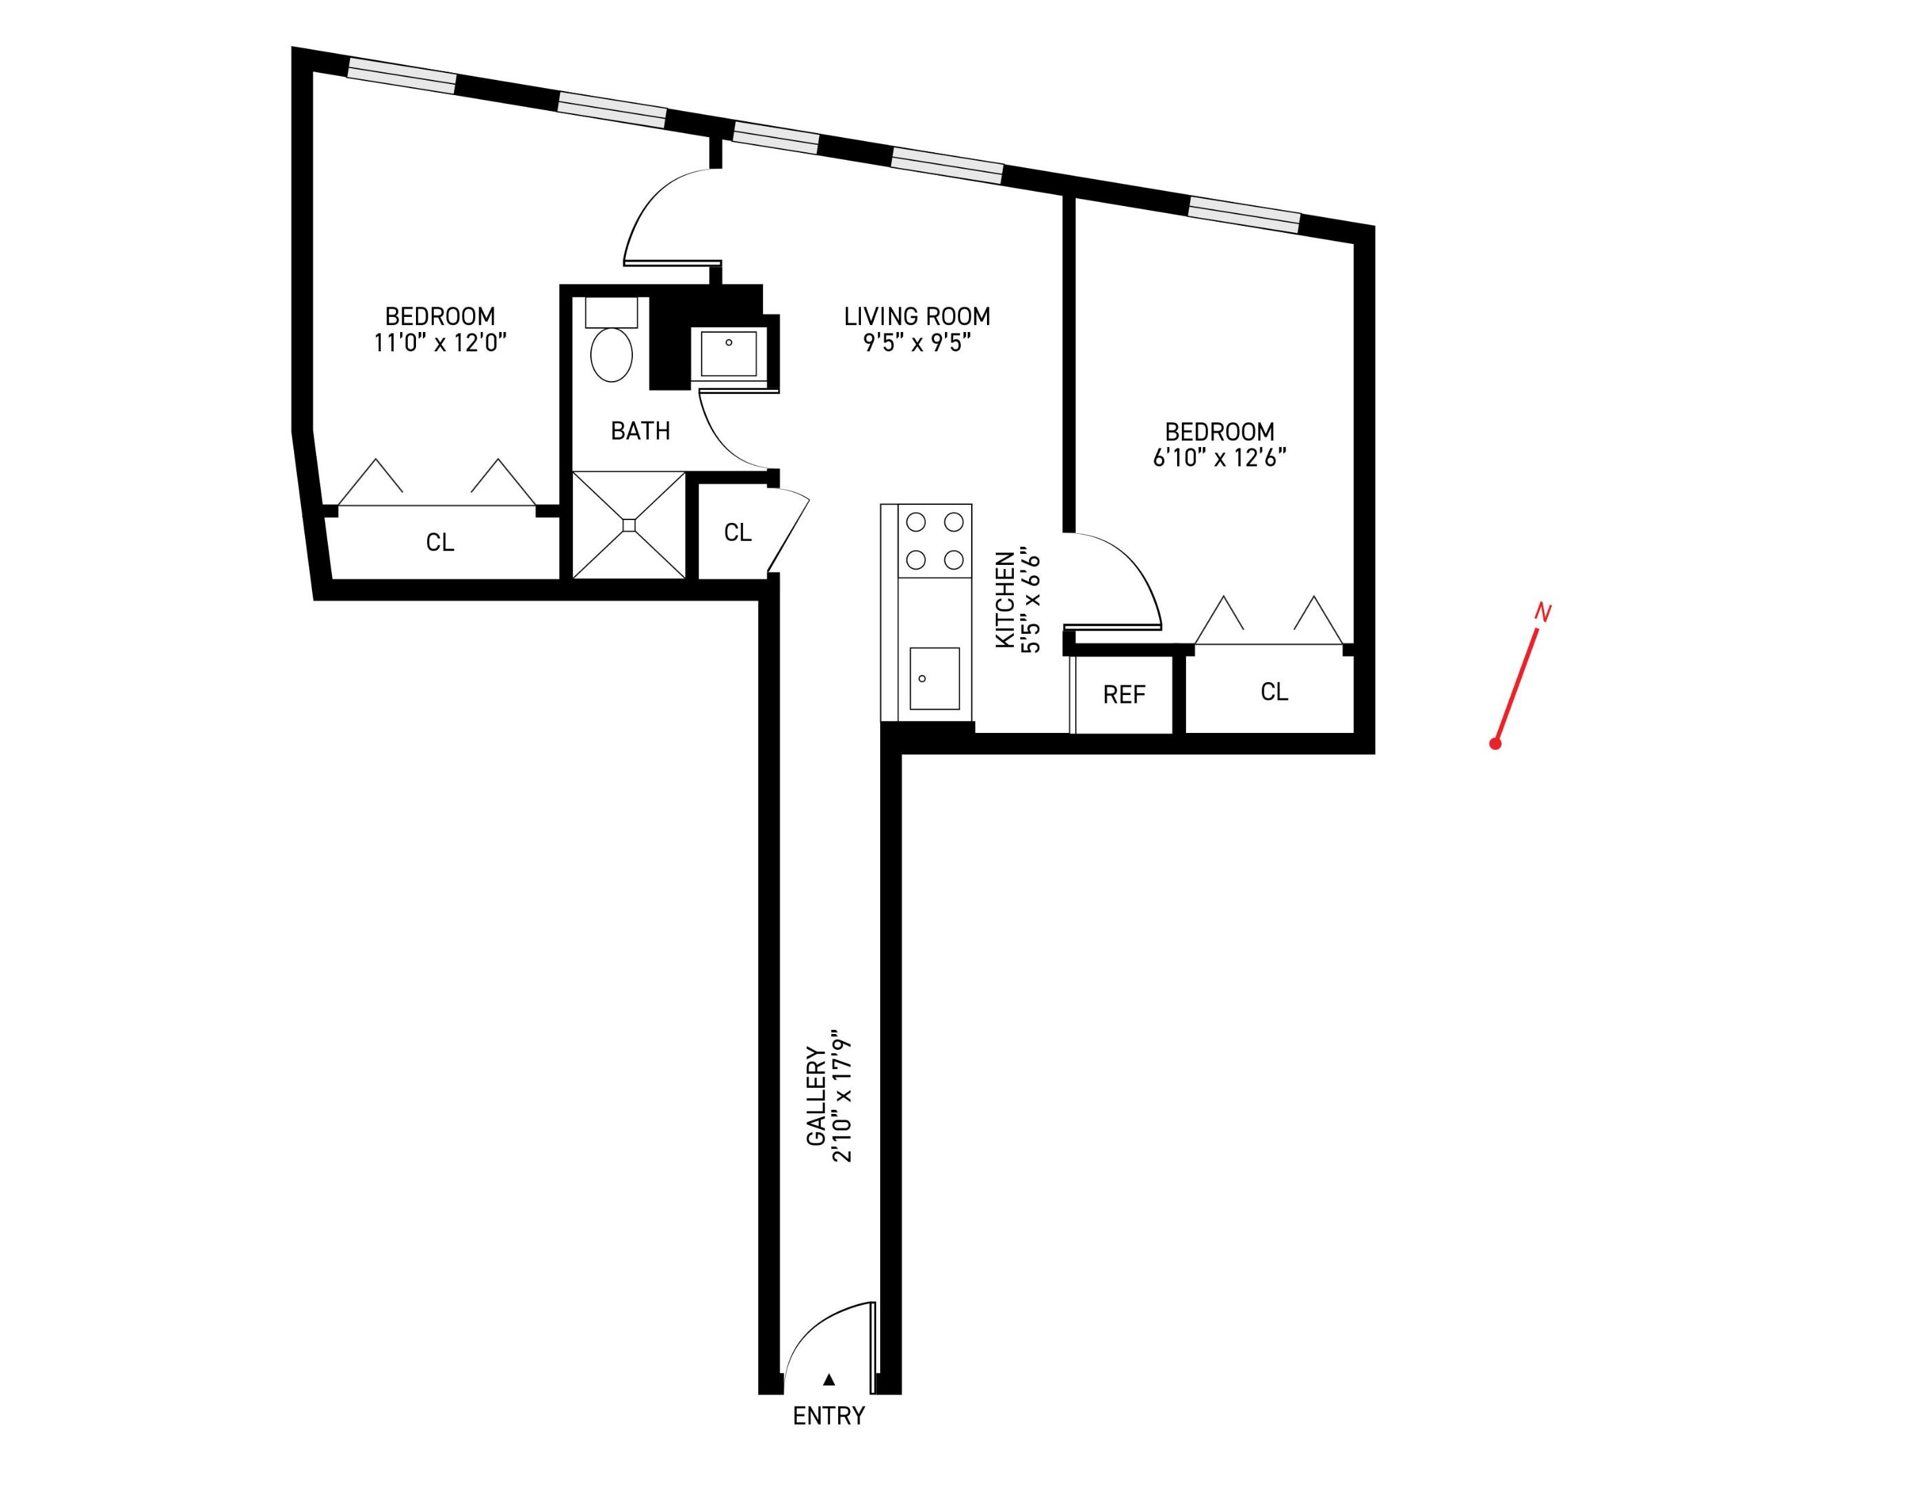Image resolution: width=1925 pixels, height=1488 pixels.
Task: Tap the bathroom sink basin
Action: pos(729,353)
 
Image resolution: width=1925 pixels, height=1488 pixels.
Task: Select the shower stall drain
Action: pos(628,526)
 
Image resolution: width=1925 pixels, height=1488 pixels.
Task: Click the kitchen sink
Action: pos(935,678)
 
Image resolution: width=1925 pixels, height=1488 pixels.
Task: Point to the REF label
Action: pos(1124,694)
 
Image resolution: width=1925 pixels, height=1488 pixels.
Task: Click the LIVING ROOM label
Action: pos(917,316)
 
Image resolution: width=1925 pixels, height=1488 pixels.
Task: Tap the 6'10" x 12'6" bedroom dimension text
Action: pos(1219,458)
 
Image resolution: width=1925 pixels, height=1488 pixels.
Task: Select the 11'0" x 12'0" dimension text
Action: pos(440,343)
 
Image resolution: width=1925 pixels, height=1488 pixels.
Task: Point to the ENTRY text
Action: pos(829,1416)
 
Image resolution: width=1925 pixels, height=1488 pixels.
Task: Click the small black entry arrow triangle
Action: pos(829,1380)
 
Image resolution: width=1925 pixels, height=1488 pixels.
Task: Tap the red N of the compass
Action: pos(1543,612)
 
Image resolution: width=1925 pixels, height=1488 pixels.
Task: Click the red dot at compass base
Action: pos(1495,744)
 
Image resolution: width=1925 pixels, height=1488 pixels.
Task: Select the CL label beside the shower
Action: pos(738,533)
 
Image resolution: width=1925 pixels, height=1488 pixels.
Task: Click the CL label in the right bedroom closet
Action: pos(1273,692)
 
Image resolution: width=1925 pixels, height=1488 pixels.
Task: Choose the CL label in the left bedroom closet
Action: pos(440,542)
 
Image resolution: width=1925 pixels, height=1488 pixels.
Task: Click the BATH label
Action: pos(640,431)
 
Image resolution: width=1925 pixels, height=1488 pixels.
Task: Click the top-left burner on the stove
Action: pos(916,522)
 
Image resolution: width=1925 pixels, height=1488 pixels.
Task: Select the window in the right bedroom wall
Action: pos(1244,215)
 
